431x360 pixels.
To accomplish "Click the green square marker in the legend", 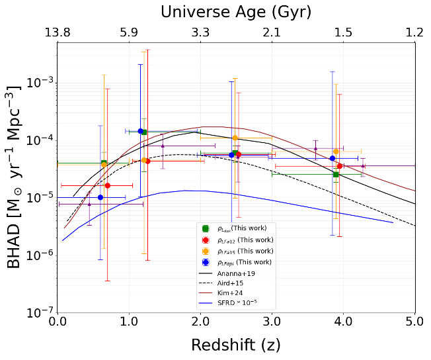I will point(206,228).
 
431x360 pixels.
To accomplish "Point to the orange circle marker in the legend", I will point(206,251).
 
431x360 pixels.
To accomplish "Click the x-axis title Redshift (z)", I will point(235,345).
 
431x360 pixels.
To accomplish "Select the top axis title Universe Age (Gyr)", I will point(236,11).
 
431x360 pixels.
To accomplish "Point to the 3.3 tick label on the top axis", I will point(200,32).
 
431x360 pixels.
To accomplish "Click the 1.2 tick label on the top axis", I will point(414,32).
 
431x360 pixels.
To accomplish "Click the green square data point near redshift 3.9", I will point(336,175).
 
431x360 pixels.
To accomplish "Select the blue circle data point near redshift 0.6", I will point(100,197).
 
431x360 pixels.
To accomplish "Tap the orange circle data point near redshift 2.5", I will point(235,138).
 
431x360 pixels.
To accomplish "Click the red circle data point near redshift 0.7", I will point(108,185).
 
